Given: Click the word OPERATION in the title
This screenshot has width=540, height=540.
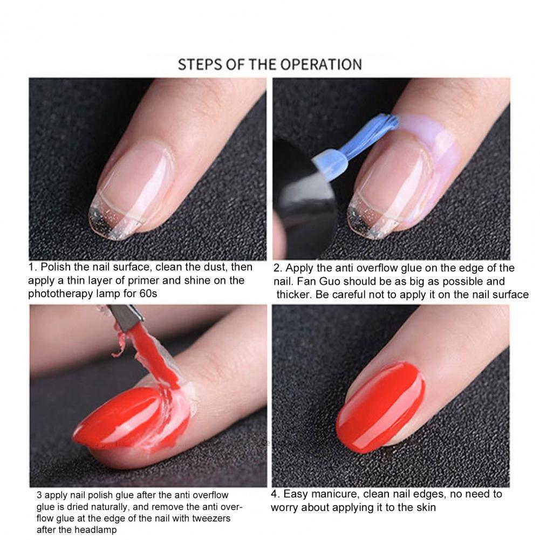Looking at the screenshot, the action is (x=320, y=65).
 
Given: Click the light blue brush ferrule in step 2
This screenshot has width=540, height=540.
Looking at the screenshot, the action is (x=330, y=165).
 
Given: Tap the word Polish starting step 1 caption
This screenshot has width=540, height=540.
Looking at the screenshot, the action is (x=56, y=267).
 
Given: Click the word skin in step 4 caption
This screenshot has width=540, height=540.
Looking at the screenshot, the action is (x=426, y=508).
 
